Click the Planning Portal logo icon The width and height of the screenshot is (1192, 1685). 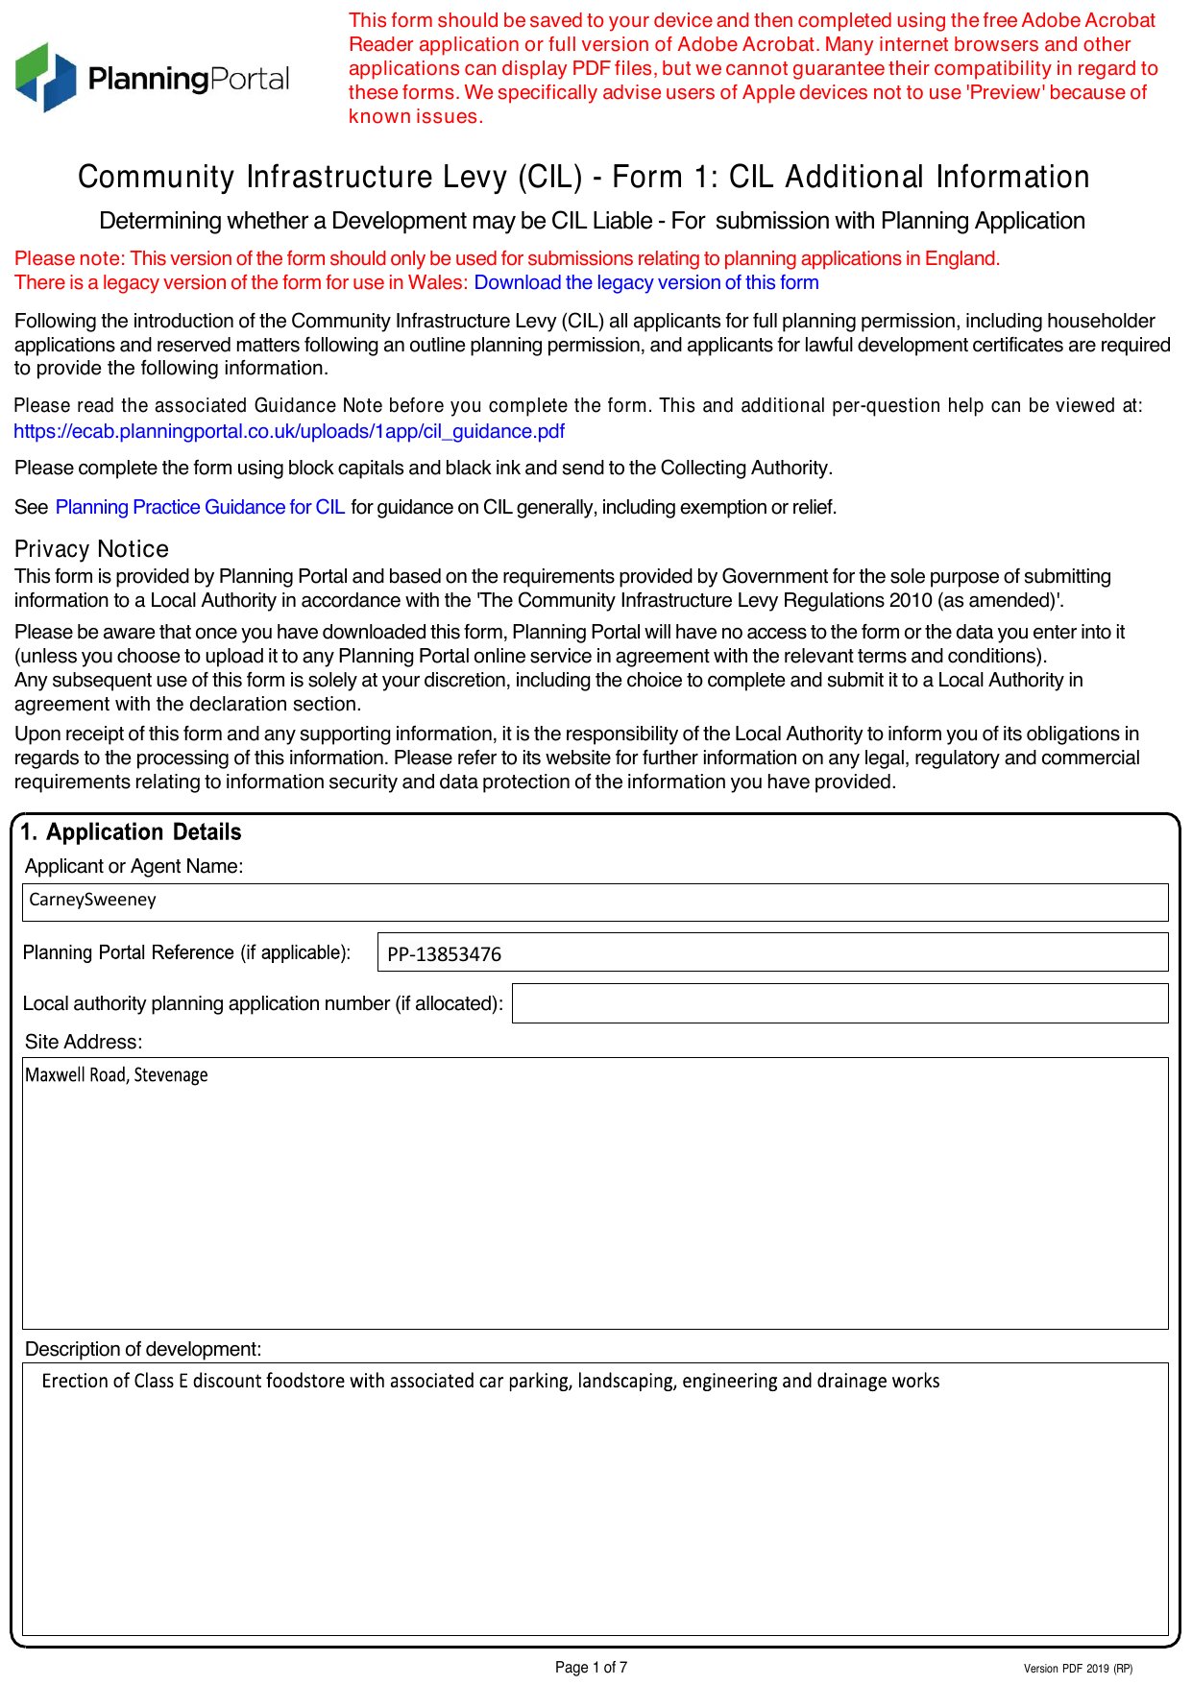pos(45,78)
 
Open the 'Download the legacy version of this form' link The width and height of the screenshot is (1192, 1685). pos(645,282)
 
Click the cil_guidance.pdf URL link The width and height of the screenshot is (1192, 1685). pos(289,431)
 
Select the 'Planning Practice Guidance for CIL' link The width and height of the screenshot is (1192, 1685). pos(200,507)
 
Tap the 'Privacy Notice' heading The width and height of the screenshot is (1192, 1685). pos(91,549)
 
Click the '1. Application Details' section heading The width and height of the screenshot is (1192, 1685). pos(131,832)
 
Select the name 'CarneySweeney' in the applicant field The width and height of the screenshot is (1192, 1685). pos(92,900)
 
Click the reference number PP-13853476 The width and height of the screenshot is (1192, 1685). pos(444,954)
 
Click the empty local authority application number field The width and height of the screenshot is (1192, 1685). pos(839,1003)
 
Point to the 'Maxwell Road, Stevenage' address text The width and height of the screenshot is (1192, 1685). pos(116,1075)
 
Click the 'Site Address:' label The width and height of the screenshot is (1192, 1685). pos(84,1042)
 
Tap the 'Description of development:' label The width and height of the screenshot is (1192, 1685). pos(143,1349)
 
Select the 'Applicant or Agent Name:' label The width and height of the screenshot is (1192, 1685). pos(134,866)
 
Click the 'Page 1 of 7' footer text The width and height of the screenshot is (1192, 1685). pos(591,1667)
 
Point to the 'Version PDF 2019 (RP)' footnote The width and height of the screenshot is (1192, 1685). pos(1078,1669)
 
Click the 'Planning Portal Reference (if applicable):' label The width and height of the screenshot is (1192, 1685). pos(186,952)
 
